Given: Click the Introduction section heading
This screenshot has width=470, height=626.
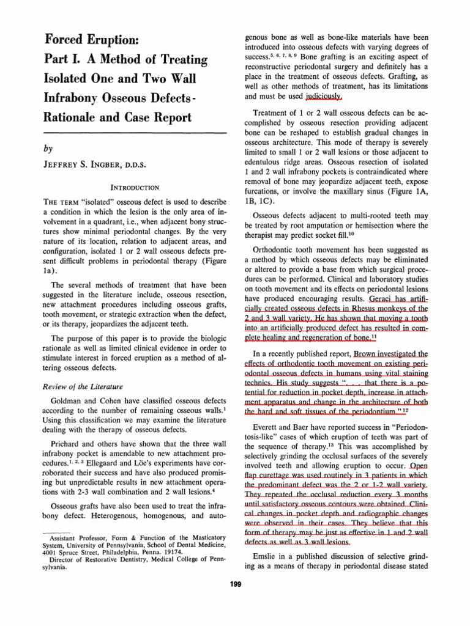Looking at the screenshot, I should [136, 187].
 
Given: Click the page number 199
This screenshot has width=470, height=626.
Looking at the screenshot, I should [235, 584].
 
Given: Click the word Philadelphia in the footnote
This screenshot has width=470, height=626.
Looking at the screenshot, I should [122, 550].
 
